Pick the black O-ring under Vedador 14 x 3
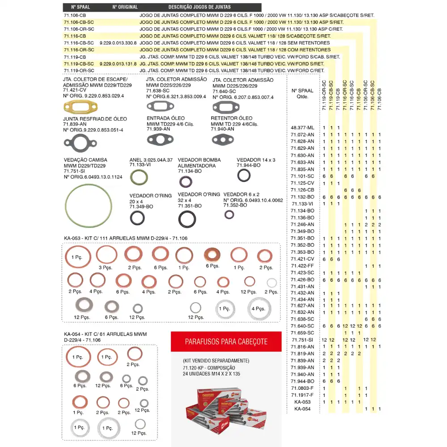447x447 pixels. [244, 175]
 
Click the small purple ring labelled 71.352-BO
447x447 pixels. [229, 215]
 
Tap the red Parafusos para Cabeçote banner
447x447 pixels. [226, 342]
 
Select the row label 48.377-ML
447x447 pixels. [302, 127]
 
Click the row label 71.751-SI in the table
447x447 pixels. [303, 340]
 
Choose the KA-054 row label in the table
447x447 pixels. [303, 409]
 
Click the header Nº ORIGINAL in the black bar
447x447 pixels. [125, 7]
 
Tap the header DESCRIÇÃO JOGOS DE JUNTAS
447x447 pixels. [199, 7]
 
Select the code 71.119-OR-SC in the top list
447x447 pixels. [79, 71]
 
